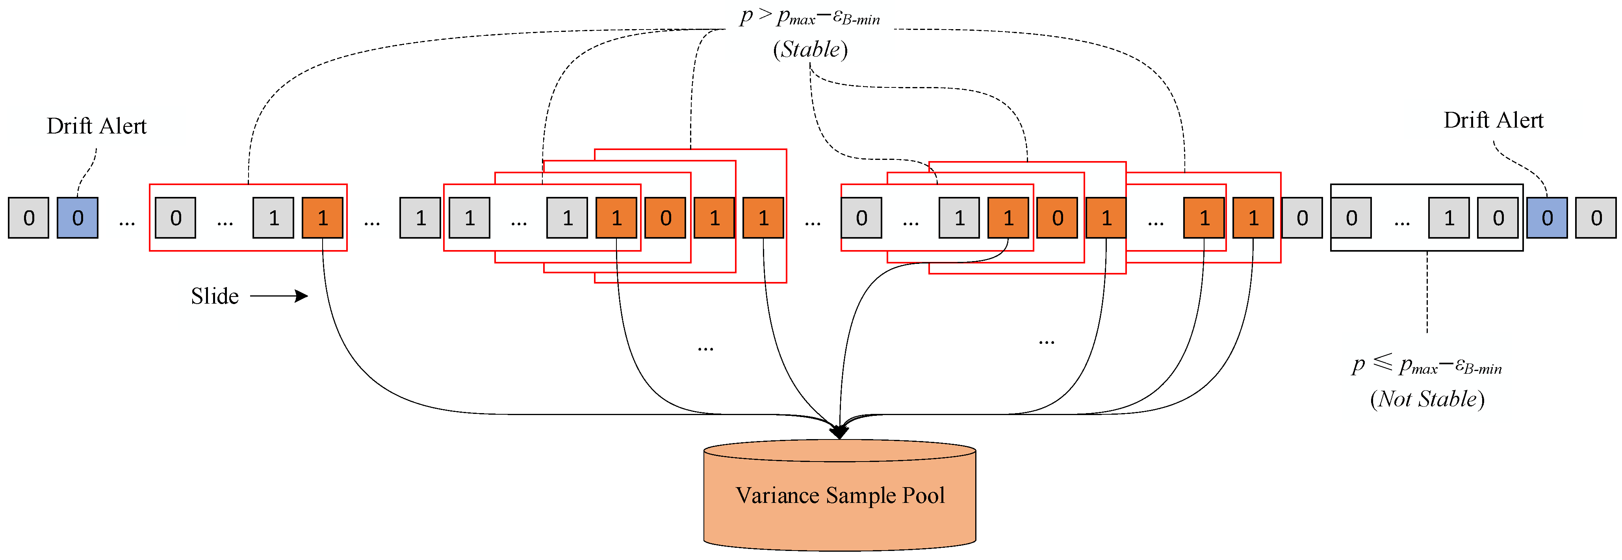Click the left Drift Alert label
coord(97,126)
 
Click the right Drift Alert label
coord(1493,120)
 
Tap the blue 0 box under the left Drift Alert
coord(78,218)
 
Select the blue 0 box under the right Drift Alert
coord(1546,218)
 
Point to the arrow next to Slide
coord(279,296)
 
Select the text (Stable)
coord(810,50)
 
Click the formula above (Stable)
coord(810,17)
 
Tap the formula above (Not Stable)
coord(1427,365)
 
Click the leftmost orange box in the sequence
coord(322,218)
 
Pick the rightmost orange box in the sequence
coord(1253,218)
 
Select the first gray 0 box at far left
coord(28,218)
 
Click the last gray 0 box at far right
coord(1596,218)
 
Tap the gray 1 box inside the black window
coord(1449,218)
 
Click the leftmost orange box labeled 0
coord(665,218)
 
